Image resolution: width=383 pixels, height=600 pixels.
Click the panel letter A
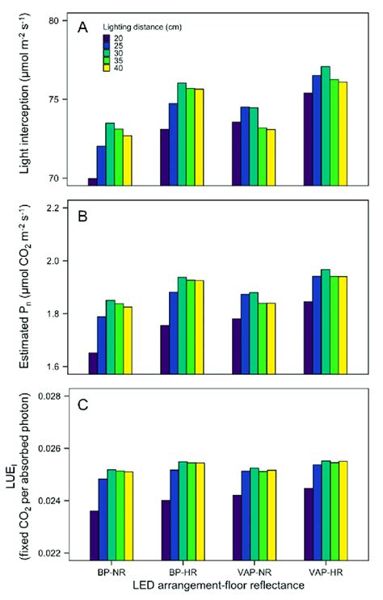click(x=83, y=28)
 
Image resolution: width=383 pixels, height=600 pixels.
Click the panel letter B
click(x=83, y=217)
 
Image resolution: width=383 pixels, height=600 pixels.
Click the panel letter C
click(x=83, y=405)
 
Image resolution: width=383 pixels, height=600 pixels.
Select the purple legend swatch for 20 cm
click(x=106, y=38)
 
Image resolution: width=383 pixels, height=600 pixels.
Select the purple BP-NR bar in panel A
click(x=92, y=181)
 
